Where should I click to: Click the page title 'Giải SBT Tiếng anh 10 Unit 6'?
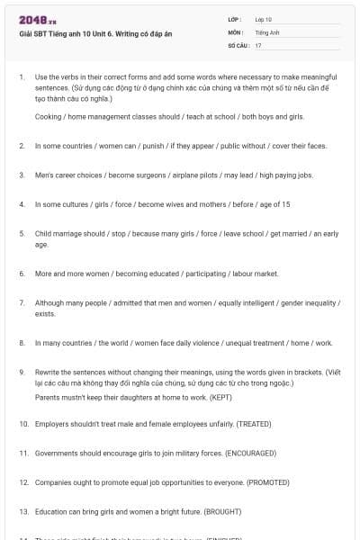pos(73,32)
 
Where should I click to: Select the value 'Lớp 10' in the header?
pos(264,19)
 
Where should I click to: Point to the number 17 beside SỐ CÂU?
pos(258,44)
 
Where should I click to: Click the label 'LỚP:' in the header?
pos(235,19)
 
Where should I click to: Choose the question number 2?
pos(22,145)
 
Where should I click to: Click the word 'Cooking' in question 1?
pos(49,117)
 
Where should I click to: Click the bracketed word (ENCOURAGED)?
pos(250,453)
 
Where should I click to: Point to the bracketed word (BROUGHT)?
pos(224,511)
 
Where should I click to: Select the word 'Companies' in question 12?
pos(53,482)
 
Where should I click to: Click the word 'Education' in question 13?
pos(52,511)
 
